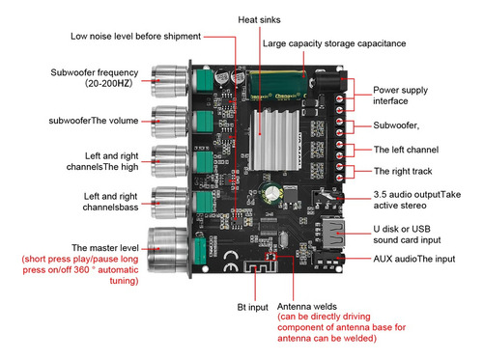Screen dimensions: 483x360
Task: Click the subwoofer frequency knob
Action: pos(169,81)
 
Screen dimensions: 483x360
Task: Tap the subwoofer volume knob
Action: pos(169,122)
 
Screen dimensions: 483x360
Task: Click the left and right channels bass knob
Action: pos(169,203)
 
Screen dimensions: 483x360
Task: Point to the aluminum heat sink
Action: pos(274,140)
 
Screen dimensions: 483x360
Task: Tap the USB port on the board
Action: pos(333,234)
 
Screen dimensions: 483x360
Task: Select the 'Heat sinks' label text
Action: pos(259,20)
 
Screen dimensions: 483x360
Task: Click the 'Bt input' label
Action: pos(252,307)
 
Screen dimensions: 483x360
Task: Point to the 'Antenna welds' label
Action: pos(307,306)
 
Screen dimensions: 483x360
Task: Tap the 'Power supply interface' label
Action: pos(400,96)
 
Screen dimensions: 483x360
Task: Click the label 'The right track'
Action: pos(403,171)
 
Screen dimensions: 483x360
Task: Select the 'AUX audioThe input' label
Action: pos(414,259)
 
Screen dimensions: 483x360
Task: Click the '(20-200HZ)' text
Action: pos(109,83)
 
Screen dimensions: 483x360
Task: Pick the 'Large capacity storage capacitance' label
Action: pos(334,43)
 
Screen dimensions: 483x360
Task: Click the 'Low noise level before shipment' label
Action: pos(135,37)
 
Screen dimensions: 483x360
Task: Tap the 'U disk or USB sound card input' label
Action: pos(407,235)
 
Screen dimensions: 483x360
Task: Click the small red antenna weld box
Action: pos(270,256)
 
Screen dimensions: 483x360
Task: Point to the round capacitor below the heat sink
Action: pos(272,193)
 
